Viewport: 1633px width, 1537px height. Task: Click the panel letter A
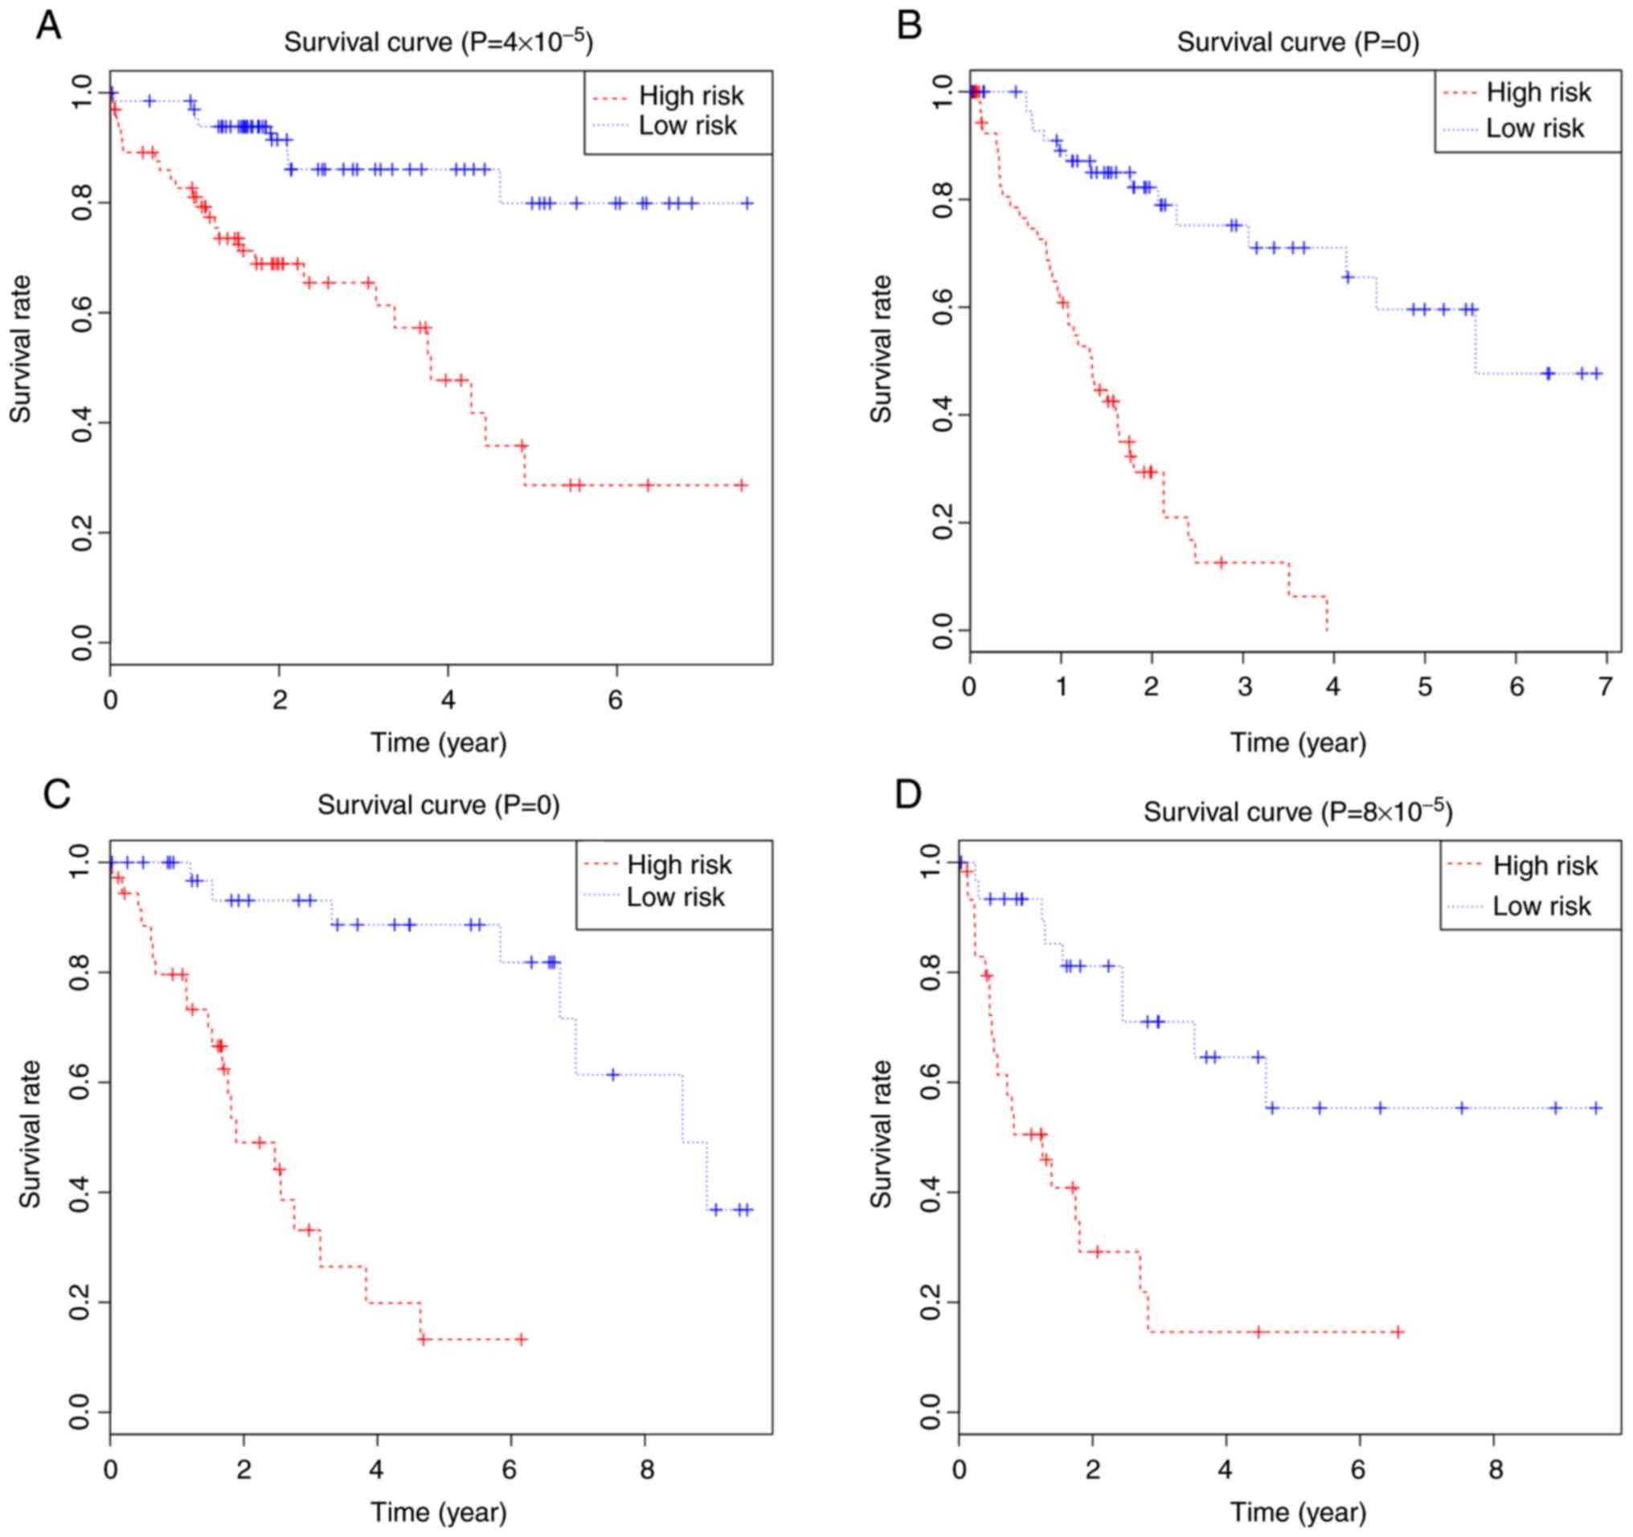[x=48, y=27]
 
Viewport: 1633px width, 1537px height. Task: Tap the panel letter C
[x=57, y=794]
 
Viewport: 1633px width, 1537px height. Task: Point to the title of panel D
[x=1298, y=812]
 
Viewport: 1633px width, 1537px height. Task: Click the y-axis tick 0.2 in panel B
[x=943, y=523]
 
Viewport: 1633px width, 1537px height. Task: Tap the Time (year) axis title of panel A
[x=439, y=743]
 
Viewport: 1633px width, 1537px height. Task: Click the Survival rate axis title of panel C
[x=31, y=1133]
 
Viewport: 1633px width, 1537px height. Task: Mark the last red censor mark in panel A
[x=741, y=485]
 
